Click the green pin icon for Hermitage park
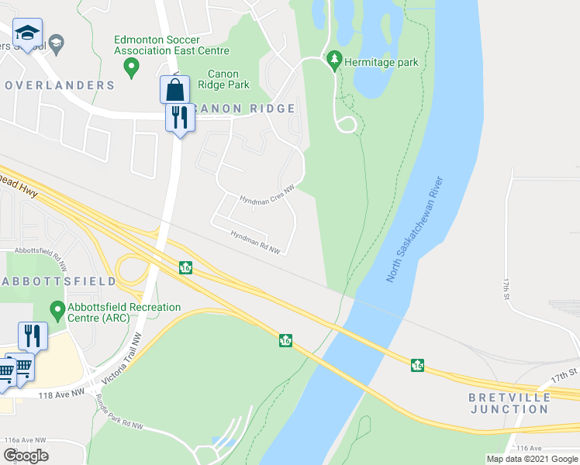click(334, 60)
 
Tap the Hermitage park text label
click(382, 63)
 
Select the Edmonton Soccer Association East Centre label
click(171, 45)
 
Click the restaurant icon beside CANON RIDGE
click(180, 119)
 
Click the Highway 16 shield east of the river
click(417, 365)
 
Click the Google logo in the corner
click(26, 456)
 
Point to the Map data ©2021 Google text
click(531, 459)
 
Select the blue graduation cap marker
click(28, 34)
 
